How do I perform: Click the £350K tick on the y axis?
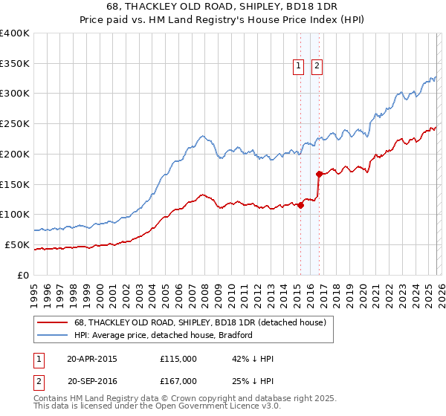tap(15, 63)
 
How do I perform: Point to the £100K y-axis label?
tap(15, 214)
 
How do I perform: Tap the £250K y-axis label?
tap(15, 123)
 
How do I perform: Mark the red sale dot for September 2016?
tap(319, 174)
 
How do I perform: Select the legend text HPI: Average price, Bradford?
tap(164, 335)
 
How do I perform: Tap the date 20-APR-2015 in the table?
tap(92, 359)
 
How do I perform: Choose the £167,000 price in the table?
tap(178, 381)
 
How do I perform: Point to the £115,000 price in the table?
tap(178, 359)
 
